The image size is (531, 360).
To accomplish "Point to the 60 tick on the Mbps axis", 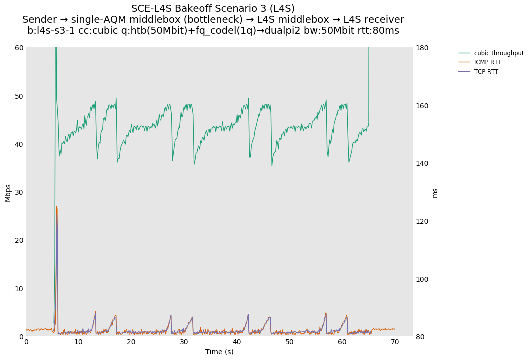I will [19, 48].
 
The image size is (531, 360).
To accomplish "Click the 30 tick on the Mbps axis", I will [19, 192].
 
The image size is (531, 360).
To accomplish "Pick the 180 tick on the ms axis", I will [423, 48].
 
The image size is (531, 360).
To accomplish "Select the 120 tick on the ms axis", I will [423, 221].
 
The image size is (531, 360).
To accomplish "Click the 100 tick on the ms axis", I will [423, 279].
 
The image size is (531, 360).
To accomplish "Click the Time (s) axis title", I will [219, 352].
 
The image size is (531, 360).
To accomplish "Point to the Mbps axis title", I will [8, 192].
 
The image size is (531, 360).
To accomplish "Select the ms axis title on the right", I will [435, 192].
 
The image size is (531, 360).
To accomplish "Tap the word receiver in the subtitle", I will [384, 20].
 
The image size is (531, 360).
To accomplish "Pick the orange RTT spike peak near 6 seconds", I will [57, 206].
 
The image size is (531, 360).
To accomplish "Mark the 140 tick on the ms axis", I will [423, 163].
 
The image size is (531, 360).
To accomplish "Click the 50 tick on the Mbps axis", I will [19, 96].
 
